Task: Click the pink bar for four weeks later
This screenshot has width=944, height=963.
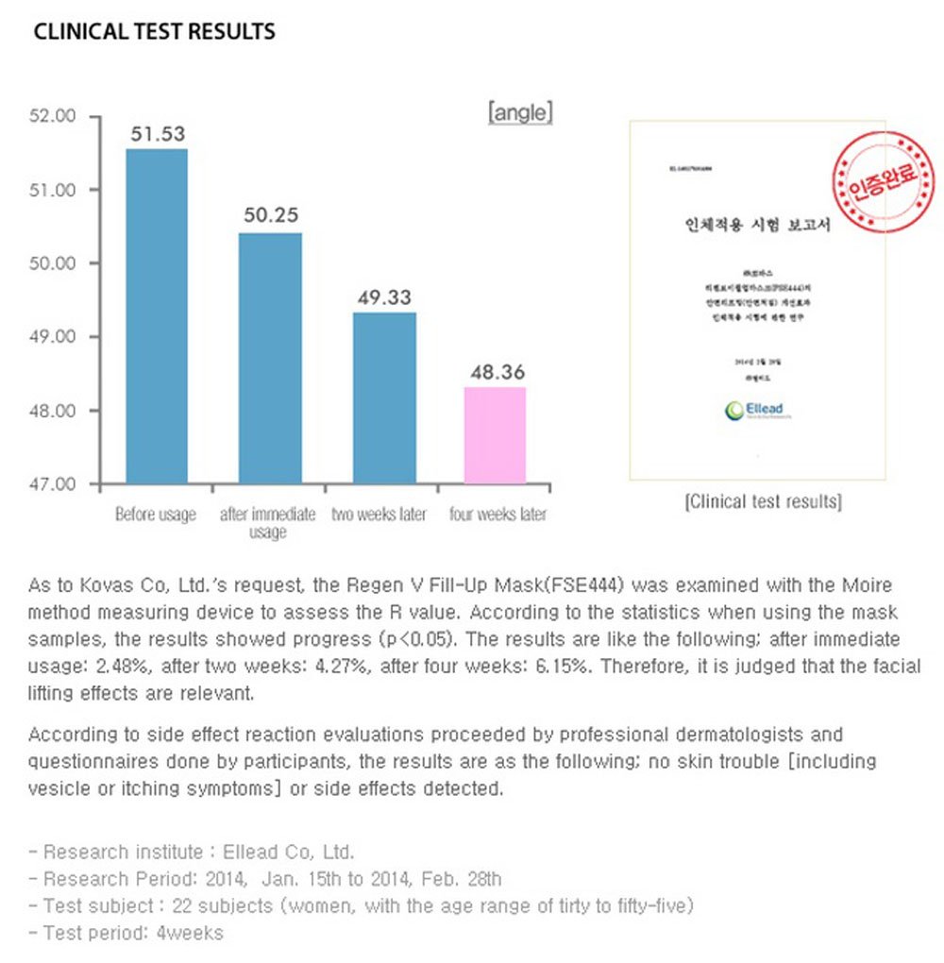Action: pos(495,435)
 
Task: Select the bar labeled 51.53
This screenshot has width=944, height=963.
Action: pos(157,315)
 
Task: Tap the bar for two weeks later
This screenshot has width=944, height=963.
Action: pos(384,397)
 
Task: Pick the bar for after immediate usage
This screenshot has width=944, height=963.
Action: pos(270,358)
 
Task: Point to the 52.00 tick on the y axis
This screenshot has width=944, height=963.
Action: pos(53,116)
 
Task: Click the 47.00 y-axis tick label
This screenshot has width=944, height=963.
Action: pos(53,484)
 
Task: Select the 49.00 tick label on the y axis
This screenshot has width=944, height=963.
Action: pos(53,337)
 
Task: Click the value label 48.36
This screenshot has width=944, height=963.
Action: pos(497,373)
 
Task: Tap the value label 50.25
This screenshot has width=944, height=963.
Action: pos(271,215)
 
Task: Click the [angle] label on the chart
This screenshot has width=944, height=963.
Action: pos(520,113)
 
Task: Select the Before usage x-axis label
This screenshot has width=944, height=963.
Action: pos(156,515)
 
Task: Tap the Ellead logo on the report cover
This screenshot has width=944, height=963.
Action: pos(757,411)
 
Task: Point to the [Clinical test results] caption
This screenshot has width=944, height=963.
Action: pos(763,501)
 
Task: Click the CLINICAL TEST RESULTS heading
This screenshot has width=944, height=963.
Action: pos(154,31)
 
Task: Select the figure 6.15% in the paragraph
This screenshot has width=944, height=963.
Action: pos(565,666)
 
